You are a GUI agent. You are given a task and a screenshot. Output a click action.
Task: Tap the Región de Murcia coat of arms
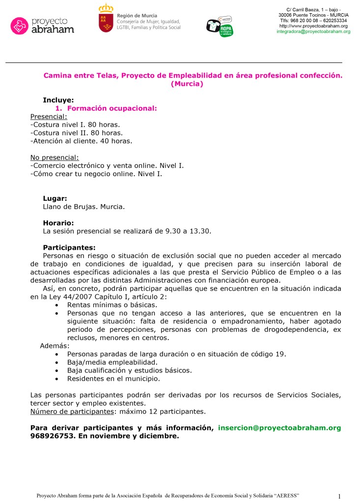tap(106, 20)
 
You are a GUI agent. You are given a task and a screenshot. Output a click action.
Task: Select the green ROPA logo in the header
tap(226, 31)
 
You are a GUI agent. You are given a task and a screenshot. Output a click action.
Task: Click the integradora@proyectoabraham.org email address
tap(313, 31)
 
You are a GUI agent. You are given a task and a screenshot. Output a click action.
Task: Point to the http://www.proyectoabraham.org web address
tap(313, 26)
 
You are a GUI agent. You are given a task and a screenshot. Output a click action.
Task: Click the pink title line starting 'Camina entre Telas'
tap(193, 76)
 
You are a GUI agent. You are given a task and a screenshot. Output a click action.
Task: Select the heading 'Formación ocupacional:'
tap(111, 108)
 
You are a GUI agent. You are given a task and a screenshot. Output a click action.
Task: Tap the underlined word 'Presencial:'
tap(48, 116)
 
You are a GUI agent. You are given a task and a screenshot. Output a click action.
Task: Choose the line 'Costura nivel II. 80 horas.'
tap(76, 132)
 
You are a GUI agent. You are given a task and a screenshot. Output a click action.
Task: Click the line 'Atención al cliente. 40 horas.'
tap(81, 141)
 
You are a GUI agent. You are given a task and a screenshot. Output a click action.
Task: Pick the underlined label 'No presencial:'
tap(54, 158)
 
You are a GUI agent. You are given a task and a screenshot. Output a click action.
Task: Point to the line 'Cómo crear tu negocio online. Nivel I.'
tap(96, 174)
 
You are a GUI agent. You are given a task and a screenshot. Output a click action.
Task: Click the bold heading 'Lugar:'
tap(55, 199)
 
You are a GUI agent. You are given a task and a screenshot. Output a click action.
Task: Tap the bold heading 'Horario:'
tap(58, 222)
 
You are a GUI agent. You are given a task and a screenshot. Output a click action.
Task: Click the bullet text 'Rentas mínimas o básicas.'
tap(111, 305)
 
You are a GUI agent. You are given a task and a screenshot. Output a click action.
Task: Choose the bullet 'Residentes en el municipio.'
tap(113, 378)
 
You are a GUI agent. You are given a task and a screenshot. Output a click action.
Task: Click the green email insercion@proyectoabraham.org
tap(279, 428)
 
